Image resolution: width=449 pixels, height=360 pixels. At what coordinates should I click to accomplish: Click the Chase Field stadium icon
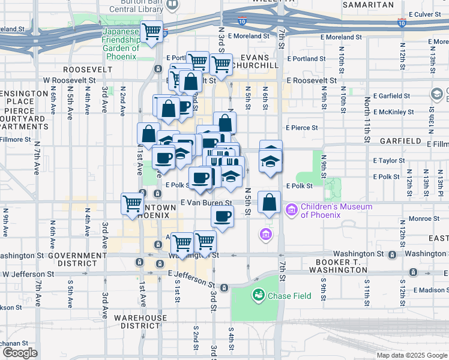259,295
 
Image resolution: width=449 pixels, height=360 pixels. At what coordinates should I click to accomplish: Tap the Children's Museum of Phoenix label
336,211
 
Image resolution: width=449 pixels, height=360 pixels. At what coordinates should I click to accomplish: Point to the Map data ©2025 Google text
411,355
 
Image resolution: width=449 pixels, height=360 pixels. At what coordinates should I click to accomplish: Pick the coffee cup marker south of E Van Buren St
223,217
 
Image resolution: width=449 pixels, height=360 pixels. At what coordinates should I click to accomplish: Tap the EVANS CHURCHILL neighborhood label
258,61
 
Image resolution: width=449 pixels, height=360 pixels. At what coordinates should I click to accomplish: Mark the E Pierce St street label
302,128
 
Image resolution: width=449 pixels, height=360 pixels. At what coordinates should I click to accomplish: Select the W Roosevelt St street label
69,80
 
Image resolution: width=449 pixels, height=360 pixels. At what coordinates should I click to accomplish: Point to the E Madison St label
428,290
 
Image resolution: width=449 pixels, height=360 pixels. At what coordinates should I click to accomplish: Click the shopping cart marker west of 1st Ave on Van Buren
132,202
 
